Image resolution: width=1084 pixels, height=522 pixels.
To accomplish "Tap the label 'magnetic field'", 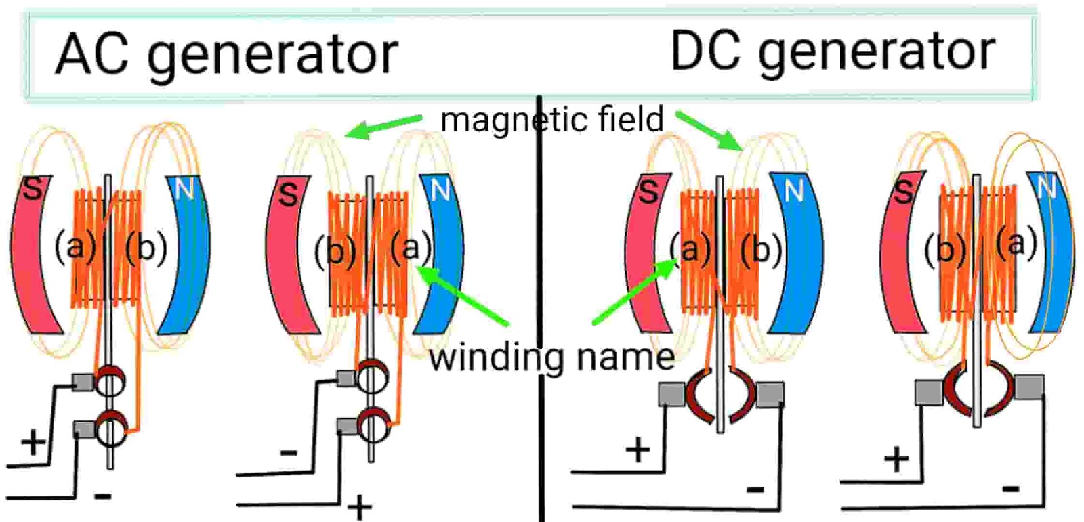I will [x=552, y=121].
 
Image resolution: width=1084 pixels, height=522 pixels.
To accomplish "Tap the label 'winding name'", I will [x=551, y=357].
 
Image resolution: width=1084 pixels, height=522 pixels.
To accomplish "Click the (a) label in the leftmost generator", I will [x=75, y=246].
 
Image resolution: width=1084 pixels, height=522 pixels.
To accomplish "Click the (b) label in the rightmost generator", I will [x=944, y=251].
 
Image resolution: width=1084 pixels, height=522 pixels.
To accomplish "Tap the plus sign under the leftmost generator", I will [x=33, y=442].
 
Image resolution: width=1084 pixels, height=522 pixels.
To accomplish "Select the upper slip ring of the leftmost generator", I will [x=110, y=383].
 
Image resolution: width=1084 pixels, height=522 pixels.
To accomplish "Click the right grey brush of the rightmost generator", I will [x=1028, y=388].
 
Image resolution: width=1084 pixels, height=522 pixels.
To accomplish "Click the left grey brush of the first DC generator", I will [x=671, y=394].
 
